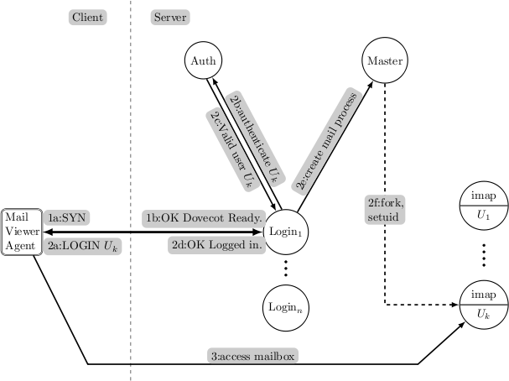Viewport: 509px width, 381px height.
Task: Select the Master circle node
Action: click(386, 61)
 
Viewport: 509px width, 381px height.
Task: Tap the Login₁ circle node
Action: click(284, 230)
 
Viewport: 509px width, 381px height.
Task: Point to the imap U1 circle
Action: click(482, 206)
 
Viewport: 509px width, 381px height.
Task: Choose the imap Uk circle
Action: click(482, 305)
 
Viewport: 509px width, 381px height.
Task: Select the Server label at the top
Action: click(169, 17)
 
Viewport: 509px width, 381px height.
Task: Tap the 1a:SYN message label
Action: click(66, 216)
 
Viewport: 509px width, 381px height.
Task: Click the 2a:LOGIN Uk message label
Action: click(80, 244)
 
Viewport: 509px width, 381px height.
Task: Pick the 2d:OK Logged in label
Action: click(217, 244)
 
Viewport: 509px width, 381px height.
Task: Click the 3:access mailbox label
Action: click(252, 355)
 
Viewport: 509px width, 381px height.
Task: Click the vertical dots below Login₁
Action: click(284, 269)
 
